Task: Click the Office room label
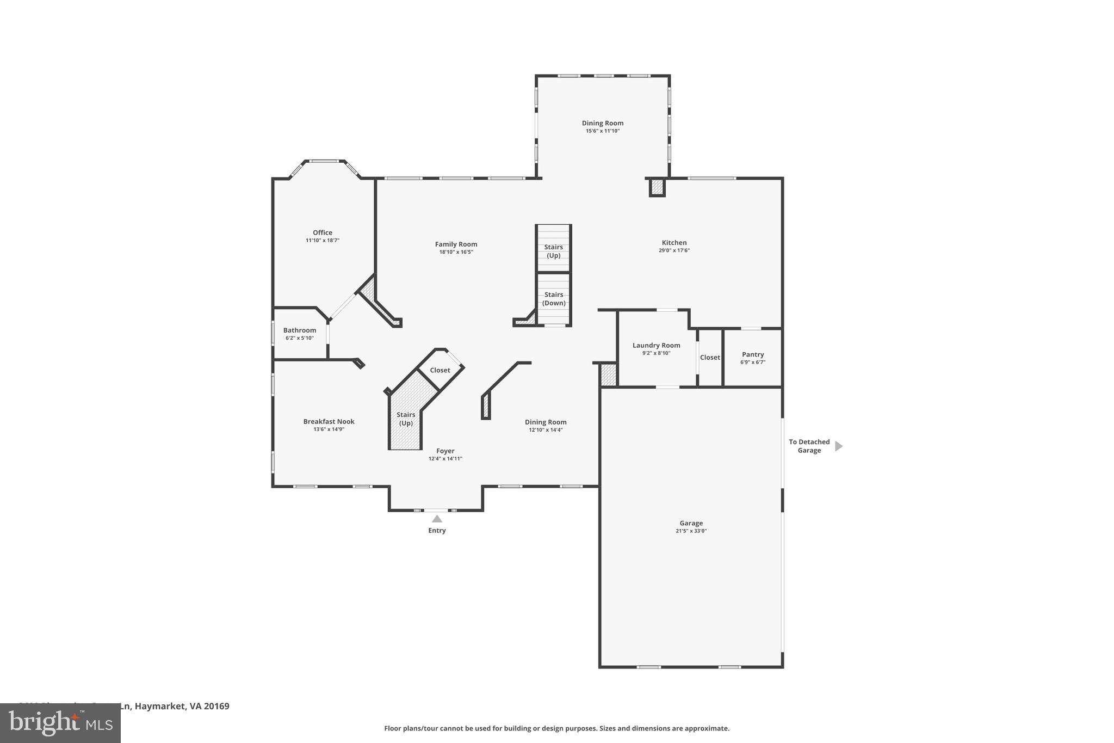(x=322, y=232)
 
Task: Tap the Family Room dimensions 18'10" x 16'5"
(x=456, y=252)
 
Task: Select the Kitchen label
(x=674, y=243)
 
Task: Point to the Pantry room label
(x=752, y=354)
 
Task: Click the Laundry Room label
(x=656, y=345)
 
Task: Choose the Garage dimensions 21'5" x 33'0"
(x=691, y=531)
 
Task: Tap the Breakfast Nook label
(x=329, y=421)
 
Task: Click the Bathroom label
(x=299, y=330)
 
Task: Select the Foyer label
(x=445, y=451)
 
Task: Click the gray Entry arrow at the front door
(x=437, y=519)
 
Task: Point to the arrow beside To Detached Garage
(x=838, y=446)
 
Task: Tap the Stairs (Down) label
(x=554, y=299)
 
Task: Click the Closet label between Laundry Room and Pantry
(x=710, y=358)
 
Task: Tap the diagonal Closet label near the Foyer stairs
(x=440, y=370)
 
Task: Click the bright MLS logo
(x=60, y=722)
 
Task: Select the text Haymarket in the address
(x=160, y=706)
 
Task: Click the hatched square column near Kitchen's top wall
(x=657, y=188)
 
